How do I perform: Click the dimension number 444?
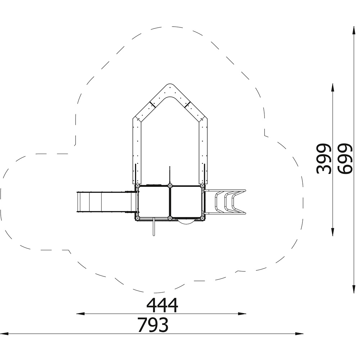coord(162,305)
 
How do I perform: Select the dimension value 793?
coord(153,325)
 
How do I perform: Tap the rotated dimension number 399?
coord(324,159)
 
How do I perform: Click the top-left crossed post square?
coord(138,186)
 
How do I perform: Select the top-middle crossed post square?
coord(170,186)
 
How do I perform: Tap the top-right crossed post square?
coord(202,186)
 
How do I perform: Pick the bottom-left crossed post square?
coord(138,218)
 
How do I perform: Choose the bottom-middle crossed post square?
coord(170,218)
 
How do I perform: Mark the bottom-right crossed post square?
coord(202,218)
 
